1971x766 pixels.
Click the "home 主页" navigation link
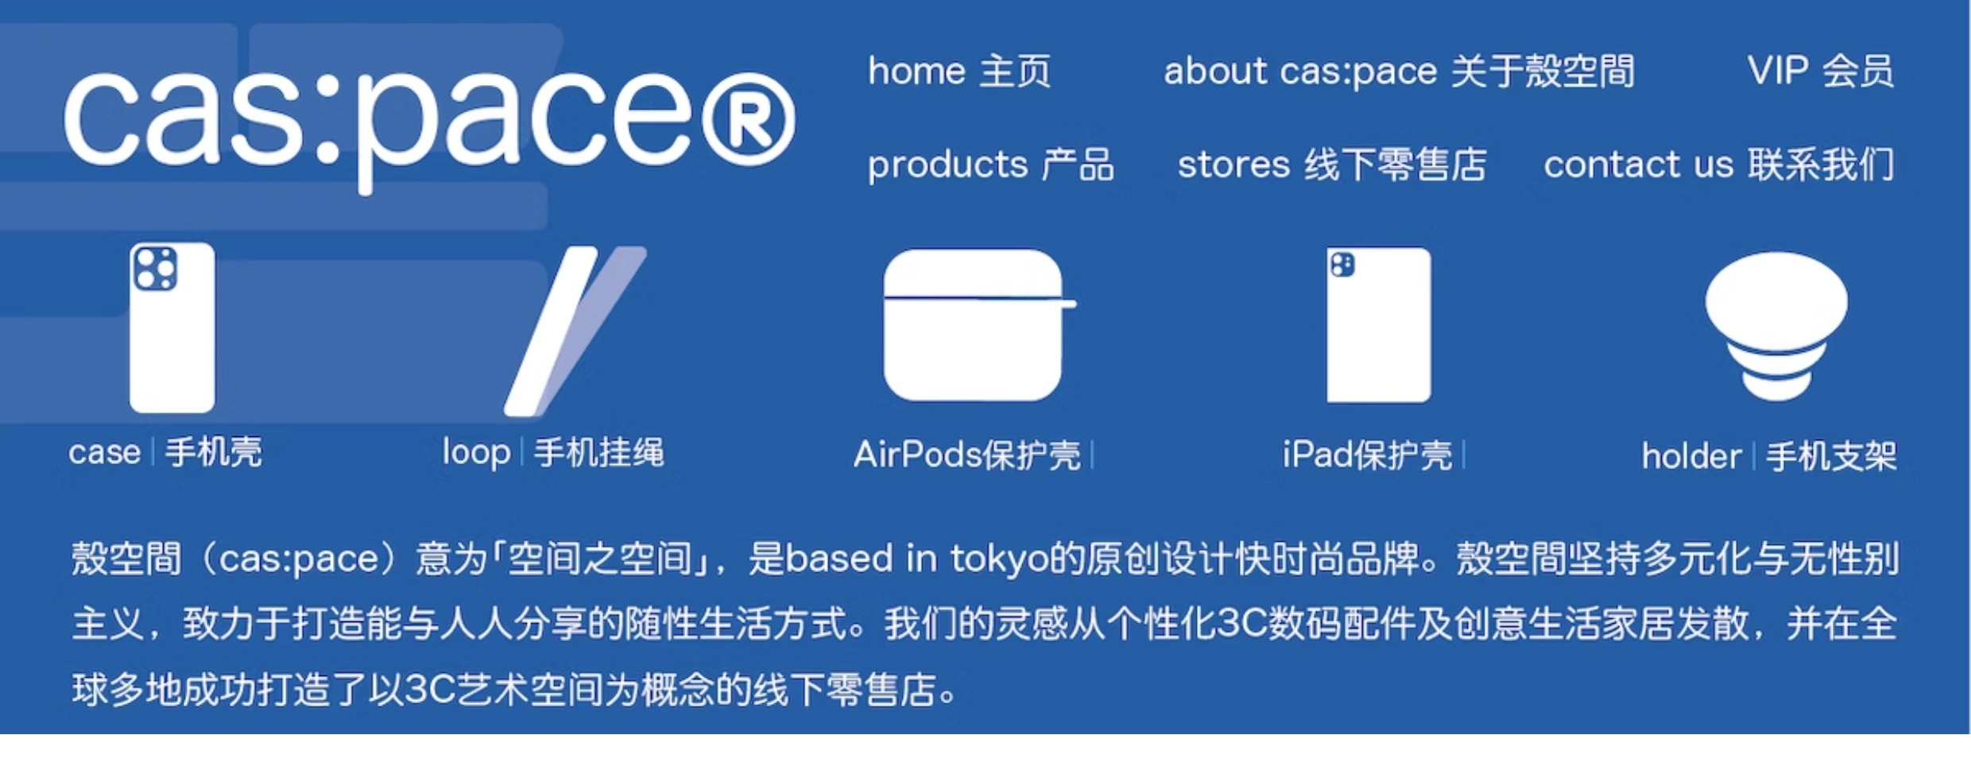click(x=959, y=72)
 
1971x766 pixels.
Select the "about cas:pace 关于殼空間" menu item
click(x=1400, y=72)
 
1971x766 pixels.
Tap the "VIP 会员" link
click(x=1821, y=72)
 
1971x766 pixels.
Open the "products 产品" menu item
click(x=990, y=165)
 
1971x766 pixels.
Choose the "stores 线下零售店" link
click(x=1332, y=165)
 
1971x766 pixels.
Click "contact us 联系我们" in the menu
click(x=1720, y=165)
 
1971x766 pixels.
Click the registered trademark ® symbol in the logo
click(x=748, y=120)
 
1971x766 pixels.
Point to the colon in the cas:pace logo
click(x=327, y=119)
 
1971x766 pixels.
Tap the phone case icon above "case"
click(x=172, y=327)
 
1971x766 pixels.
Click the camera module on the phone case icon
click(x=155, y=268)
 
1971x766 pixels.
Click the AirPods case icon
click(x=979, y=325)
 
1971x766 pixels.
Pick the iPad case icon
click(x=1379, y=325)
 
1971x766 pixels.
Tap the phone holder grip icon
click(x=1776, y=326)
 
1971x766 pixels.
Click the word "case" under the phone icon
click(x=104, y=453)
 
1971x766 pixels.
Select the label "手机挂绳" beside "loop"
click(x=598, y=453)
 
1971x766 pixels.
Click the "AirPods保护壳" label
click(x=967, y=455)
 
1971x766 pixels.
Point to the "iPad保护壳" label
click(x=1367, y=455)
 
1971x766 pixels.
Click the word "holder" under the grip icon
click(x=1691, y=457)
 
